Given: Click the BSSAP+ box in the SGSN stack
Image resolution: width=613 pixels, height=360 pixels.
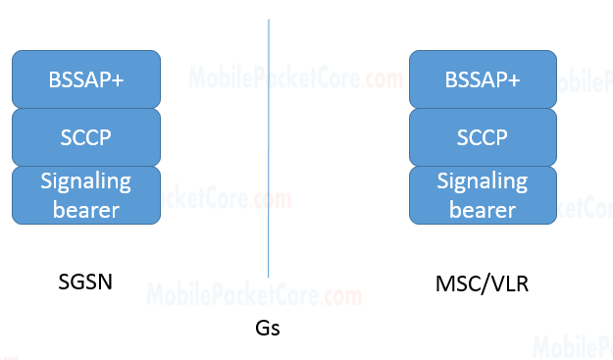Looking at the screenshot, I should (x=85, y=78).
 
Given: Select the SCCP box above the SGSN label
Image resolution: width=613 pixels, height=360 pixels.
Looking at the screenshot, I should (x=85, y=136).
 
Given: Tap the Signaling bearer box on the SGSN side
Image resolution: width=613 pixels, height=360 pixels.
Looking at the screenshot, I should (x=85, y=194).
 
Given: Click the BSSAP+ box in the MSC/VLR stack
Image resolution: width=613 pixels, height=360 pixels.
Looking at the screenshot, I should (x=482, y=78).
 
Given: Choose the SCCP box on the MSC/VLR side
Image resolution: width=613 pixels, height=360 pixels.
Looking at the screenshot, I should (x=482, y=136).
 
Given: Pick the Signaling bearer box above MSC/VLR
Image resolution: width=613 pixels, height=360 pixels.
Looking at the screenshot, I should (x=482, y=194).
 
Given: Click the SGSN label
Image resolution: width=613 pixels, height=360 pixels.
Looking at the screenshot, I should (x=86, y=283).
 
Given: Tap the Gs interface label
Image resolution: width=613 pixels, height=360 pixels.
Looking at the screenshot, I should (x=268, y=329).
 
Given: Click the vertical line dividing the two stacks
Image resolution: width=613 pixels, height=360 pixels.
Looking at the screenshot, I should (x=268, y=147).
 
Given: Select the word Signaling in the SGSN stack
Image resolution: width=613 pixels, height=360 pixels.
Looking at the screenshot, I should (x=85, y=181).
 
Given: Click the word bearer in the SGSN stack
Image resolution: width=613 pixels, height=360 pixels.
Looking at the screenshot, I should (x=85, y=209).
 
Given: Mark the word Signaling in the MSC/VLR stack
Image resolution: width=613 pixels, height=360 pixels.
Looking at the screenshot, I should (x=482, y=181).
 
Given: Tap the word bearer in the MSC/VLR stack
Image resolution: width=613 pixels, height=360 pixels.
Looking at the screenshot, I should (x=482, y=209).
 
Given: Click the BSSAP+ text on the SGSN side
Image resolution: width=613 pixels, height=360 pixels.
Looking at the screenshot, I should (x=85, y=79).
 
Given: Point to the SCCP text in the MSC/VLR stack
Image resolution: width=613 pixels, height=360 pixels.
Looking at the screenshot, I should (x=482, y=137).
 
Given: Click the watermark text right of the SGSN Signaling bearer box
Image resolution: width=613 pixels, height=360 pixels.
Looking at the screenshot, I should (x=226, y=199).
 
